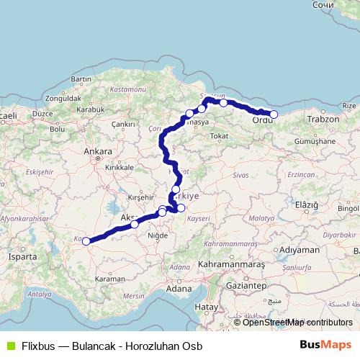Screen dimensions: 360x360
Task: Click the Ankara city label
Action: coord(97,152)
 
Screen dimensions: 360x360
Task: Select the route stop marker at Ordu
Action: coord(274,114)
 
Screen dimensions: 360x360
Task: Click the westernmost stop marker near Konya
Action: coord(86,241)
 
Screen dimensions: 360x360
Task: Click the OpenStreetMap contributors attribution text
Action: coord(297,322)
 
